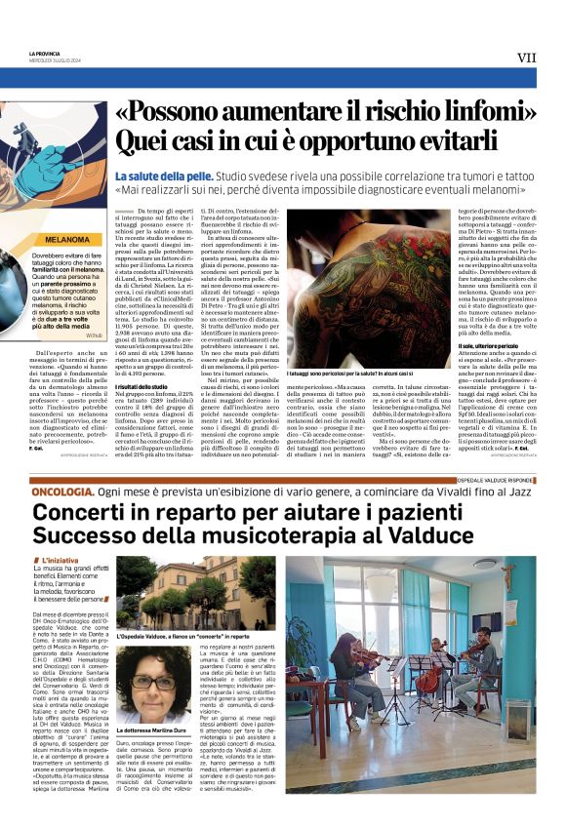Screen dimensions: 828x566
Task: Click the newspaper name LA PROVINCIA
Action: tap(45, 52)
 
